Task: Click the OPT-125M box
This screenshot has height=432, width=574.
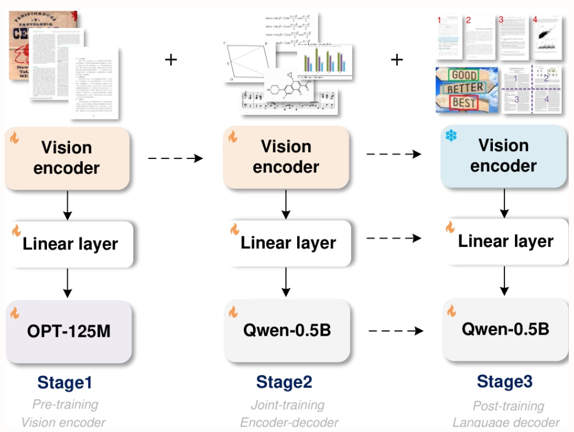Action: click(68, 332)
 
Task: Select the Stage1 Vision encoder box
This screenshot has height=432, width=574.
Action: click(67, 158)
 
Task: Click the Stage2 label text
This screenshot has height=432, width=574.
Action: click(284, 382)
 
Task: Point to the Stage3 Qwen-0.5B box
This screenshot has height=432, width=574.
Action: click(505, 329)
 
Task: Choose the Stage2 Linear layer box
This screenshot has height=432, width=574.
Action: click(288, 242)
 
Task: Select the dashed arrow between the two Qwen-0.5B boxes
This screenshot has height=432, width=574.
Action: click(396, 331)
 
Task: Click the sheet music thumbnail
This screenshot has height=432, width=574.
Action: click(290, 102)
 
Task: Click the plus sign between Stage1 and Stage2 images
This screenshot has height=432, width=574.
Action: click(171, 59)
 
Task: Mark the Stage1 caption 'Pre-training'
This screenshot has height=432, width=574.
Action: click(65, 404)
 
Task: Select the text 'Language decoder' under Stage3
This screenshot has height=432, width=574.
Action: click(506, 423)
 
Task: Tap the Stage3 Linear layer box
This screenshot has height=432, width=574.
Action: click(505, 241)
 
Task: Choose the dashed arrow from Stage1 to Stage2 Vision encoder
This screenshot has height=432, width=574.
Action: click(176, 157)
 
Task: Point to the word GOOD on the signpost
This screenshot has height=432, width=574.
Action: click(464, 76)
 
